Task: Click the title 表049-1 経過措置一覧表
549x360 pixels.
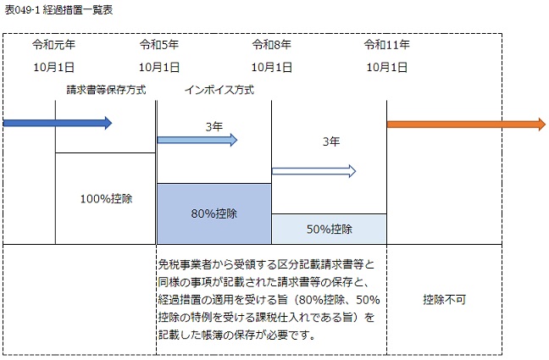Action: [x=58, y=10]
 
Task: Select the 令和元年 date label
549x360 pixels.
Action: [x=53, y=45]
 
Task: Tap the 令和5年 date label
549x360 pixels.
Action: [x=159, y=45]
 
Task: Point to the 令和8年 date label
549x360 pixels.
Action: [x=271, y=45]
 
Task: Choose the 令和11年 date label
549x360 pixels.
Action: [x=386, y=45]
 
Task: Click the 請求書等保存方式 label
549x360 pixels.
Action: [x=106, y=90]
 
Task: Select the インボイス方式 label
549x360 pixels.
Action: [x=219, y=90]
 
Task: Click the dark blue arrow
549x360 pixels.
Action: [x=58, y=123]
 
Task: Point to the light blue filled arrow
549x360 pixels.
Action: [x=197, y=140]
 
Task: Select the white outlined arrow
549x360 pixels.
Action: [x=313, y=171]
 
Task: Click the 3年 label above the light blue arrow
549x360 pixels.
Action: [x=214, y=126]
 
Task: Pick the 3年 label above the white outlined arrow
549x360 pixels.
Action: [x=331, y=141]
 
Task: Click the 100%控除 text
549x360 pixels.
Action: [x=106, y=199]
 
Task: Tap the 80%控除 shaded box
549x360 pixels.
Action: [x=214, y=213]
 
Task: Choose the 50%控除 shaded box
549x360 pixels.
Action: [x=329, y=229]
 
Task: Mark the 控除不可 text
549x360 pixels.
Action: [x=444, y=300]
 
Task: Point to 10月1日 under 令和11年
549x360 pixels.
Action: [x=386, y=67]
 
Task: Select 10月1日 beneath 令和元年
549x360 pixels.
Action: [x=53, y=67]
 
